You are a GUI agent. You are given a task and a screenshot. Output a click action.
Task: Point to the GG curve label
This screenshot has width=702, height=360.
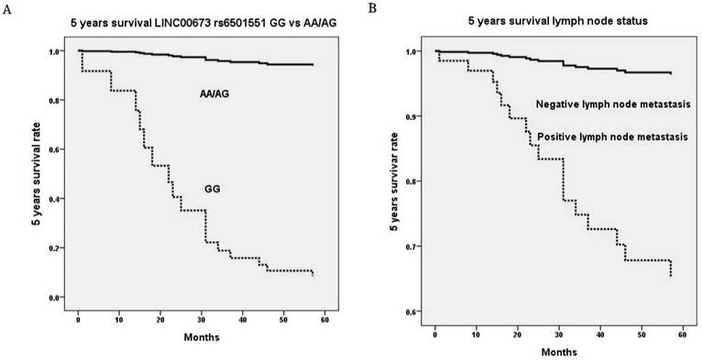214,189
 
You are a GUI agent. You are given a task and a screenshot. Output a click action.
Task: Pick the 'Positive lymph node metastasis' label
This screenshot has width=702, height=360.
606,136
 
